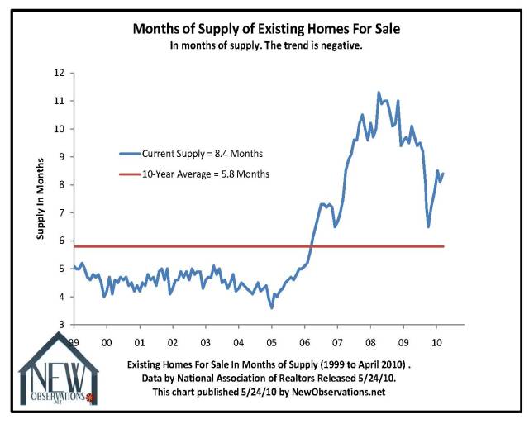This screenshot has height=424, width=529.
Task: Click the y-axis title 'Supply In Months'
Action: [41, 199]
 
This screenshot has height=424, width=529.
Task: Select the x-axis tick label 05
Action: [271, 341]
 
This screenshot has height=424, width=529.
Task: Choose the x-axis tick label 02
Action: [173, 341]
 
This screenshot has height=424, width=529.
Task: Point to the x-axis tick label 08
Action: [369, 341]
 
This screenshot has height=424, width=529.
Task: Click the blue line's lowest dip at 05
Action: [272, 308]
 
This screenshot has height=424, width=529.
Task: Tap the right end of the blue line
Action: [444, 174]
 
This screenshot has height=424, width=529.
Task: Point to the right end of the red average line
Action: [444, 246]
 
